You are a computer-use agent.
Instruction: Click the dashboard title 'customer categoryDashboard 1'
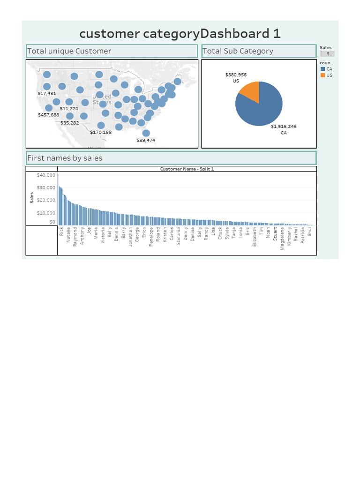[x=180, y=34]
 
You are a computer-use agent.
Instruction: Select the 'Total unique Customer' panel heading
[x=69, y=51]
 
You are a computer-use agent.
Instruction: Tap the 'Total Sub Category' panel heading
[x=238, y=51]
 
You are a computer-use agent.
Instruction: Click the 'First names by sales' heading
[x=65, y=158]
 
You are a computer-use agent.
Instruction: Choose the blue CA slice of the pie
[x=262, y=108]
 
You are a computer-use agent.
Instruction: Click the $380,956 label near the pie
[x=236, y=75]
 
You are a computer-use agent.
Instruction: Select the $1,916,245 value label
[x=284, y=127]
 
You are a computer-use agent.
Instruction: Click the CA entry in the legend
[x=329, y=69]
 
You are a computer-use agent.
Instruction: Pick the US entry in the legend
[x=329, y=75]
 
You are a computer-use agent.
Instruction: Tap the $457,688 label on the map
[x=49, y=115]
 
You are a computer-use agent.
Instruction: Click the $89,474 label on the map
[x=146, y=140]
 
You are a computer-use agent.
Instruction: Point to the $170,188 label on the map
[x=101, y=132]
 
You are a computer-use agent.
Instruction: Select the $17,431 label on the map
[x=47, y=94]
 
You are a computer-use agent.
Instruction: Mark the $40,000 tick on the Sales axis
[x=46, y=175]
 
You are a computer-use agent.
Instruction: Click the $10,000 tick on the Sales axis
[x=46, y=213]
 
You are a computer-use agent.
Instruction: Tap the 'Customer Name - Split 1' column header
[x=187, y=169]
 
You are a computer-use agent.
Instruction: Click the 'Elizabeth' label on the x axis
[x=255, y=237]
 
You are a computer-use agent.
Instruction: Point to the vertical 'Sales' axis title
[x=32, y=198]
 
